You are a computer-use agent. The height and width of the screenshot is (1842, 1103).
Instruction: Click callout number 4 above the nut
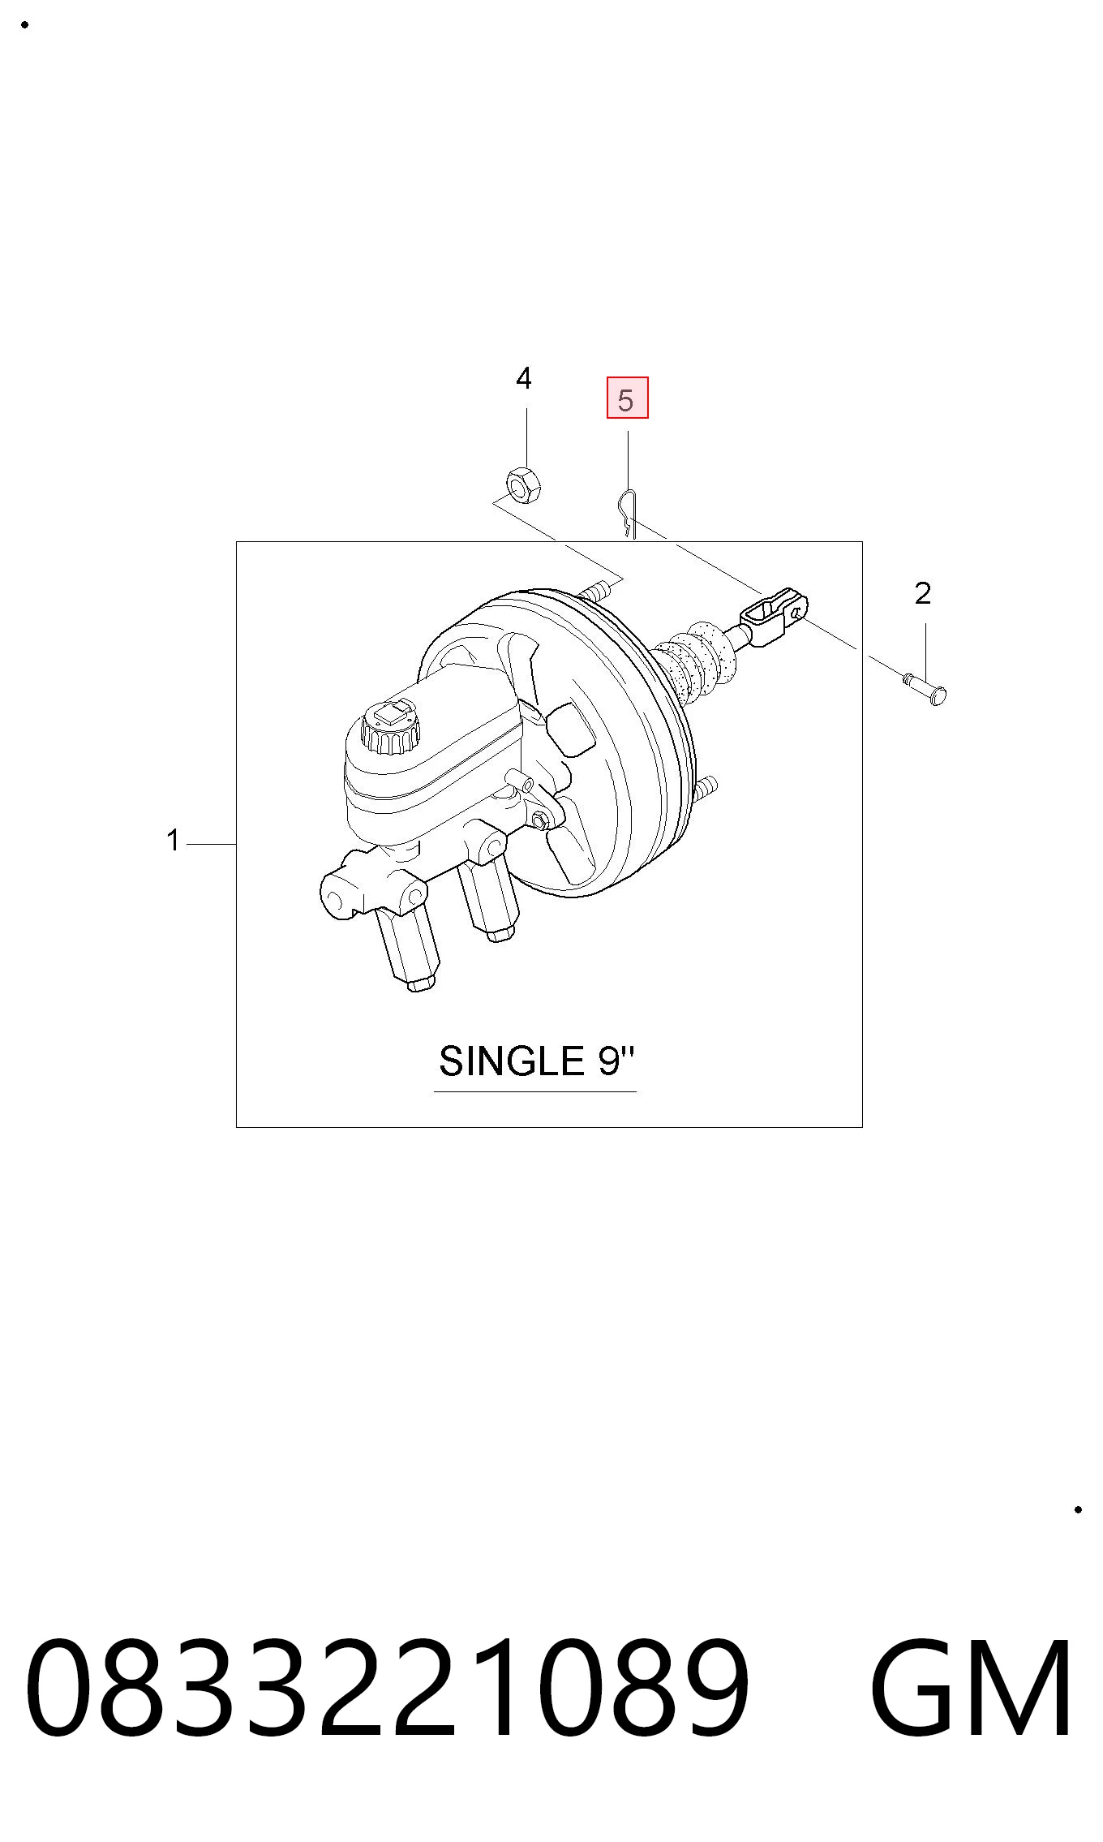point(524,379)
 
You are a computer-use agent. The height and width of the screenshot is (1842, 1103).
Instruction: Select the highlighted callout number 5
point(627,398)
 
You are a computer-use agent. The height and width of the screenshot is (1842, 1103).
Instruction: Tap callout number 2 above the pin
point(923,594)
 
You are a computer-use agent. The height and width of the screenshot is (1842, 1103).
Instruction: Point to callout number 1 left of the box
point(173,841)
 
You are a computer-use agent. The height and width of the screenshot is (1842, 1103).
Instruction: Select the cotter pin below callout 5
point(627,514)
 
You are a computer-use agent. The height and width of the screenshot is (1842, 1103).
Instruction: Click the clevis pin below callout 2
point(925,686)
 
